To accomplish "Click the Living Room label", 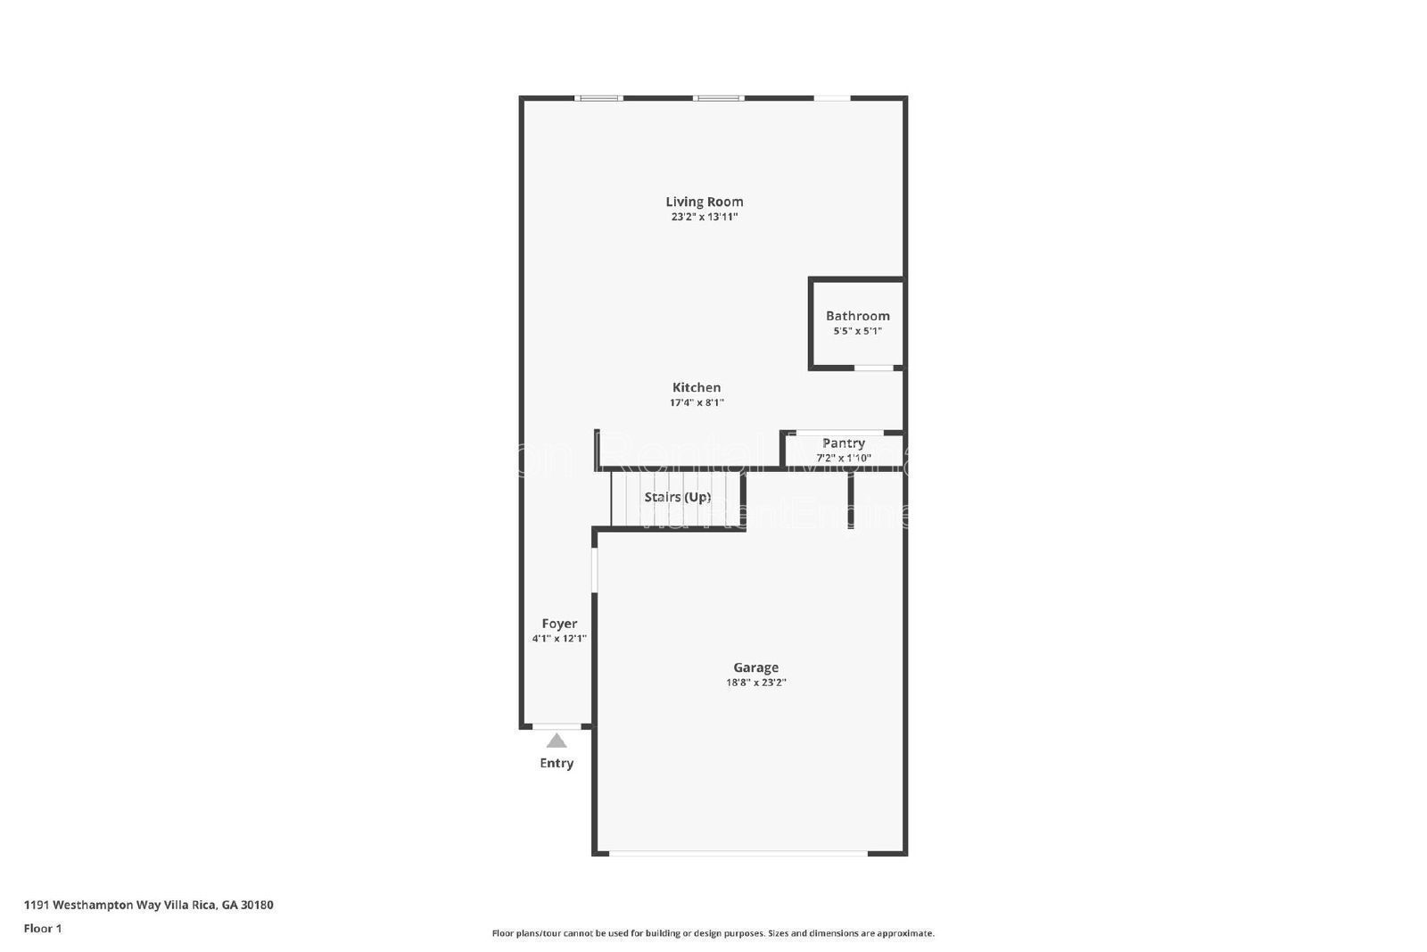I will (704, 202).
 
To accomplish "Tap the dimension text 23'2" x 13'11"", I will (704, 217).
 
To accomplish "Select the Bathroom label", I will (857, 316).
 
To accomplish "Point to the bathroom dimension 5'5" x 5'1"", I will (857, 331).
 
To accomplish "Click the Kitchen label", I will (697, 387).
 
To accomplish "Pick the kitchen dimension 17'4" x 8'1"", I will (697, 402).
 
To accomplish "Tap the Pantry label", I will (843, 443).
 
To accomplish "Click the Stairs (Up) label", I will (678, 497).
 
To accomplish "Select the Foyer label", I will (559, 624).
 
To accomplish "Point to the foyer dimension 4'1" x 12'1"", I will (559, 638).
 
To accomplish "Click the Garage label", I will (755, 667).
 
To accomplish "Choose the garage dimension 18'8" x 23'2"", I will (755, 683).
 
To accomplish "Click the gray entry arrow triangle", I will (557, 741).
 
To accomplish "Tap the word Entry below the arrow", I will (557, 763).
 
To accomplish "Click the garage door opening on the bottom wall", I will (738, 853).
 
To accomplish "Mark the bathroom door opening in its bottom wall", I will (874, 368).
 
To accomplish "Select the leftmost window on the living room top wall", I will (598, 98).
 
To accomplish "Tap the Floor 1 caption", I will (43, 928).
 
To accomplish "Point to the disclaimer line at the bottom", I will (713, 933).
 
